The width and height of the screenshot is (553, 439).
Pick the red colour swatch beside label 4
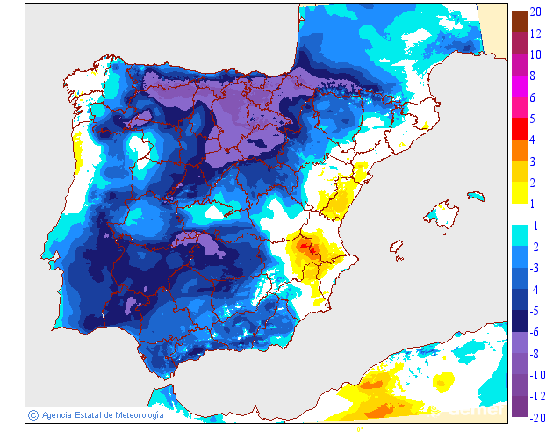(520, 129)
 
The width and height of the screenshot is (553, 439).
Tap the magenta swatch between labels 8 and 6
(520, 86)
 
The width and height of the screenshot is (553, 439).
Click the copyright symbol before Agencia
(33, 414)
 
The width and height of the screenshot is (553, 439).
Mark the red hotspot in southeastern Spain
(305, 248)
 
